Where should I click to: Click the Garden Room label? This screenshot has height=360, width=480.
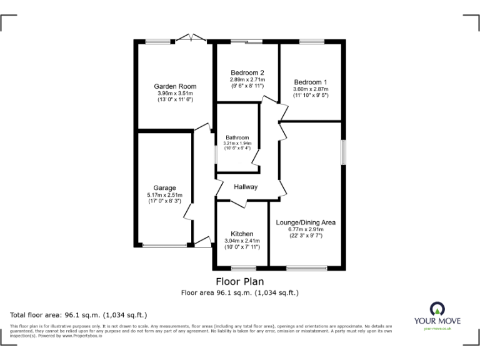coord(176,86)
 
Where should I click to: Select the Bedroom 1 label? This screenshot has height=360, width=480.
coord(311,82)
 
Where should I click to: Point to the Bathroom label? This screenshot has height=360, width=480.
coord(237,137)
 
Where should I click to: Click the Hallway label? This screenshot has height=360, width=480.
coord(246,187)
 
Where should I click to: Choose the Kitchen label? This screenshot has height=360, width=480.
coord(242,234)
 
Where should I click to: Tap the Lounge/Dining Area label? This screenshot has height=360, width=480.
coord(306,222)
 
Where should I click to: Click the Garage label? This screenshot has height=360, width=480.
coord(165,187)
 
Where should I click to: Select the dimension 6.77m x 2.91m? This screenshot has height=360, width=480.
coord(306,229)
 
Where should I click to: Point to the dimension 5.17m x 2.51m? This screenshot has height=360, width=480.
coord(165,195)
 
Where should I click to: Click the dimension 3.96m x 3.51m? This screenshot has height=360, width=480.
coord(176,94)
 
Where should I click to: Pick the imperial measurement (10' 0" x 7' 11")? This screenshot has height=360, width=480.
coord(242,247)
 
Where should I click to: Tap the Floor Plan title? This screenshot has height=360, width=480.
coord(239,281)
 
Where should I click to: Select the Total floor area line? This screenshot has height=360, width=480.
coord(79,315)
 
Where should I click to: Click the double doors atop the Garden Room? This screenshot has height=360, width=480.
coord(190,39)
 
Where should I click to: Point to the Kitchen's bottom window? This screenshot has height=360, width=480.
coord(242,268)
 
